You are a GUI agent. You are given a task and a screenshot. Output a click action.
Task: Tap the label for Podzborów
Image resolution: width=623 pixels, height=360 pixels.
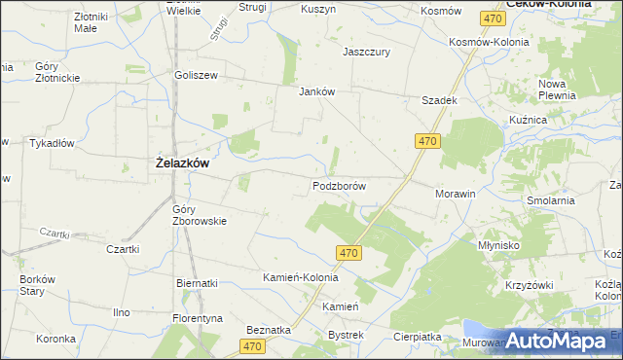[339, 185]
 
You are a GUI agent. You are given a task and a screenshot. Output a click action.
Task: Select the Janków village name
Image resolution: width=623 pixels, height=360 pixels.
[316, 92]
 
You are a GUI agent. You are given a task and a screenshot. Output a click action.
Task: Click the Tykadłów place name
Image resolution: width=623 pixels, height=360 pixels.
[52, 143]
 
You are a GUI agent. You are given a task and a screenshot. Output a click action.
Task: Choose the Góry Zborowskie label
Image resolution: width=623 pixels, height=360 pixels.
[199, 214]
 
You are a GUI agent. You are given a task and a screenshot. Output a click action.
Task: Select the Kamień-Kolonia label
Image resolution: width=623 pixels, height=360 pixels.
[301, 277]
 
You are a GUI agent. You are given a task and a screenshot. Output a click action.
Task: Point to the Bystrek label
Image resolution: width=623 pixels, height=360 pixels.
[346, 335]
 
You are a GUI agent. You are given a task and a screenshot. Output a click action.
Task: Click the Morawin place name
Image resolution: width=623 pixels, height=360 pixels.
[455, 194]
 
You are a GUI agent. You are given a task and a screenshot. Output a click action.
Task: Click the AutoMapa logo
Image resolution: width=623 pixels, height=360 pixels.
[561, 341]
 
